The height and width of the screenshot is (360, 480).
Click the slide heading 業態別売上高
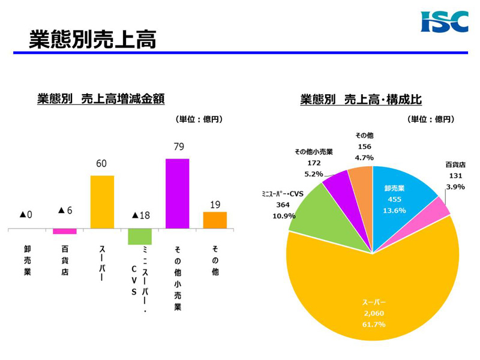click(x=92, y=40)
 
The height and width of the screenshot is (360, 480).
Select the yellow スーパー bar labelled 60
click(x=102, y=202)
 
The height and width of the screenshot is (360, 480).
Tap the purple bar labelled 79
click(x=177, y=193)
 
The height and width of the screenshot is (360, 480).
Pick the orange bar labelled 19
click(x=215, y=220)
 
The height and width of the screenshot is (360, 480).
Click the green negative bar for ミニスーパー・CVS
click(x=139, y=236)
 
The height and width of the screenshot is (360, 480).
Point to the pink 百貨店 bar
click(x=65, y=231)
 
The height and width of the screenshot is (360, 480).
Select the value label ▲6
click(x=65, y=211)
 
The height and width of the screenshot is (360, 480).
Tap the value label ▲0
click(x=26, y=214)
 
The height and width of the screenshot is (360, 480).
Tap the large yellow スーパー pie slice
click(x=372, y=288)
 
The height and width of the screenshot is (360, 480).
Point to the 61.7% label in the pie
click(x=372, y=325)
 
